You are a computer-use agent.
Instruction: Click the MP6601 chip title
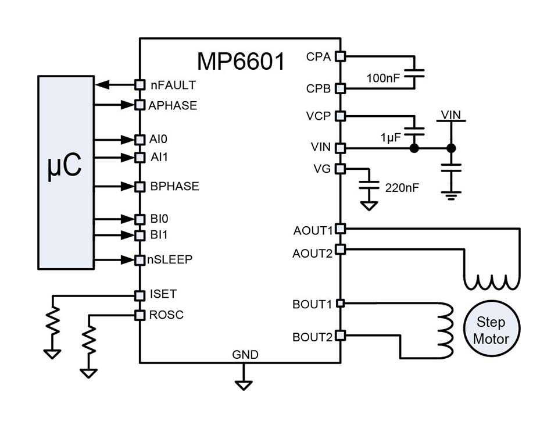pyautogui.click(x=241, y=61)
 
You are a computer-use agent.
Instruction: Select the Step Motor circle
pyautogui.click(x=491, y=330)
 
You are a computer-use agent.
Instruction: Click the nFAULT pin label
pyautogui.click(x=173, y=85)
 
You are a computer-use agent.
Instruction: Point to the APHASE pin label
pyautogui.click(x=173, y=106)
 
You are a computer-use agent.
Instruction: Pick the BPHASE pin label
pyautogui.click(x=174, y=187)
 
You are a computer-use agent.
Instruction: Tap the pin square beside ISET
pyautogui.click(x=139, y=295)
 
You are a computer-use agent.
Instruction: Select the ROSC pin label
pyautogui.click(x=166, y=315)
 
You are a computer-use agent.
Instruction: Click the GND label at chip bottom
pyautogui.click(x=245, y=355)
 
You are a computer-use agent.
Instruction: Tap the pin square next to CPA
pyautogui.click(x=341, y=56)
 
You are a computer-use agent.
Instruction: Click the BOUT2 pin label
pyautogui.click(x=312, y=336)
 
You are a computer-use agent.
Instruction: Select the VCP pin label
pyautogui.click(x=318, y=116)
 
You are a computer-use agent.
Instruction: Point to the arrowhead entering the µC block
pyautogui.click(x=102, y=85)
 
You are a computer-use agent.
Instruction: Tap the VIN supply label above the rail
pyautogui.click(x=450, y=115)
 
